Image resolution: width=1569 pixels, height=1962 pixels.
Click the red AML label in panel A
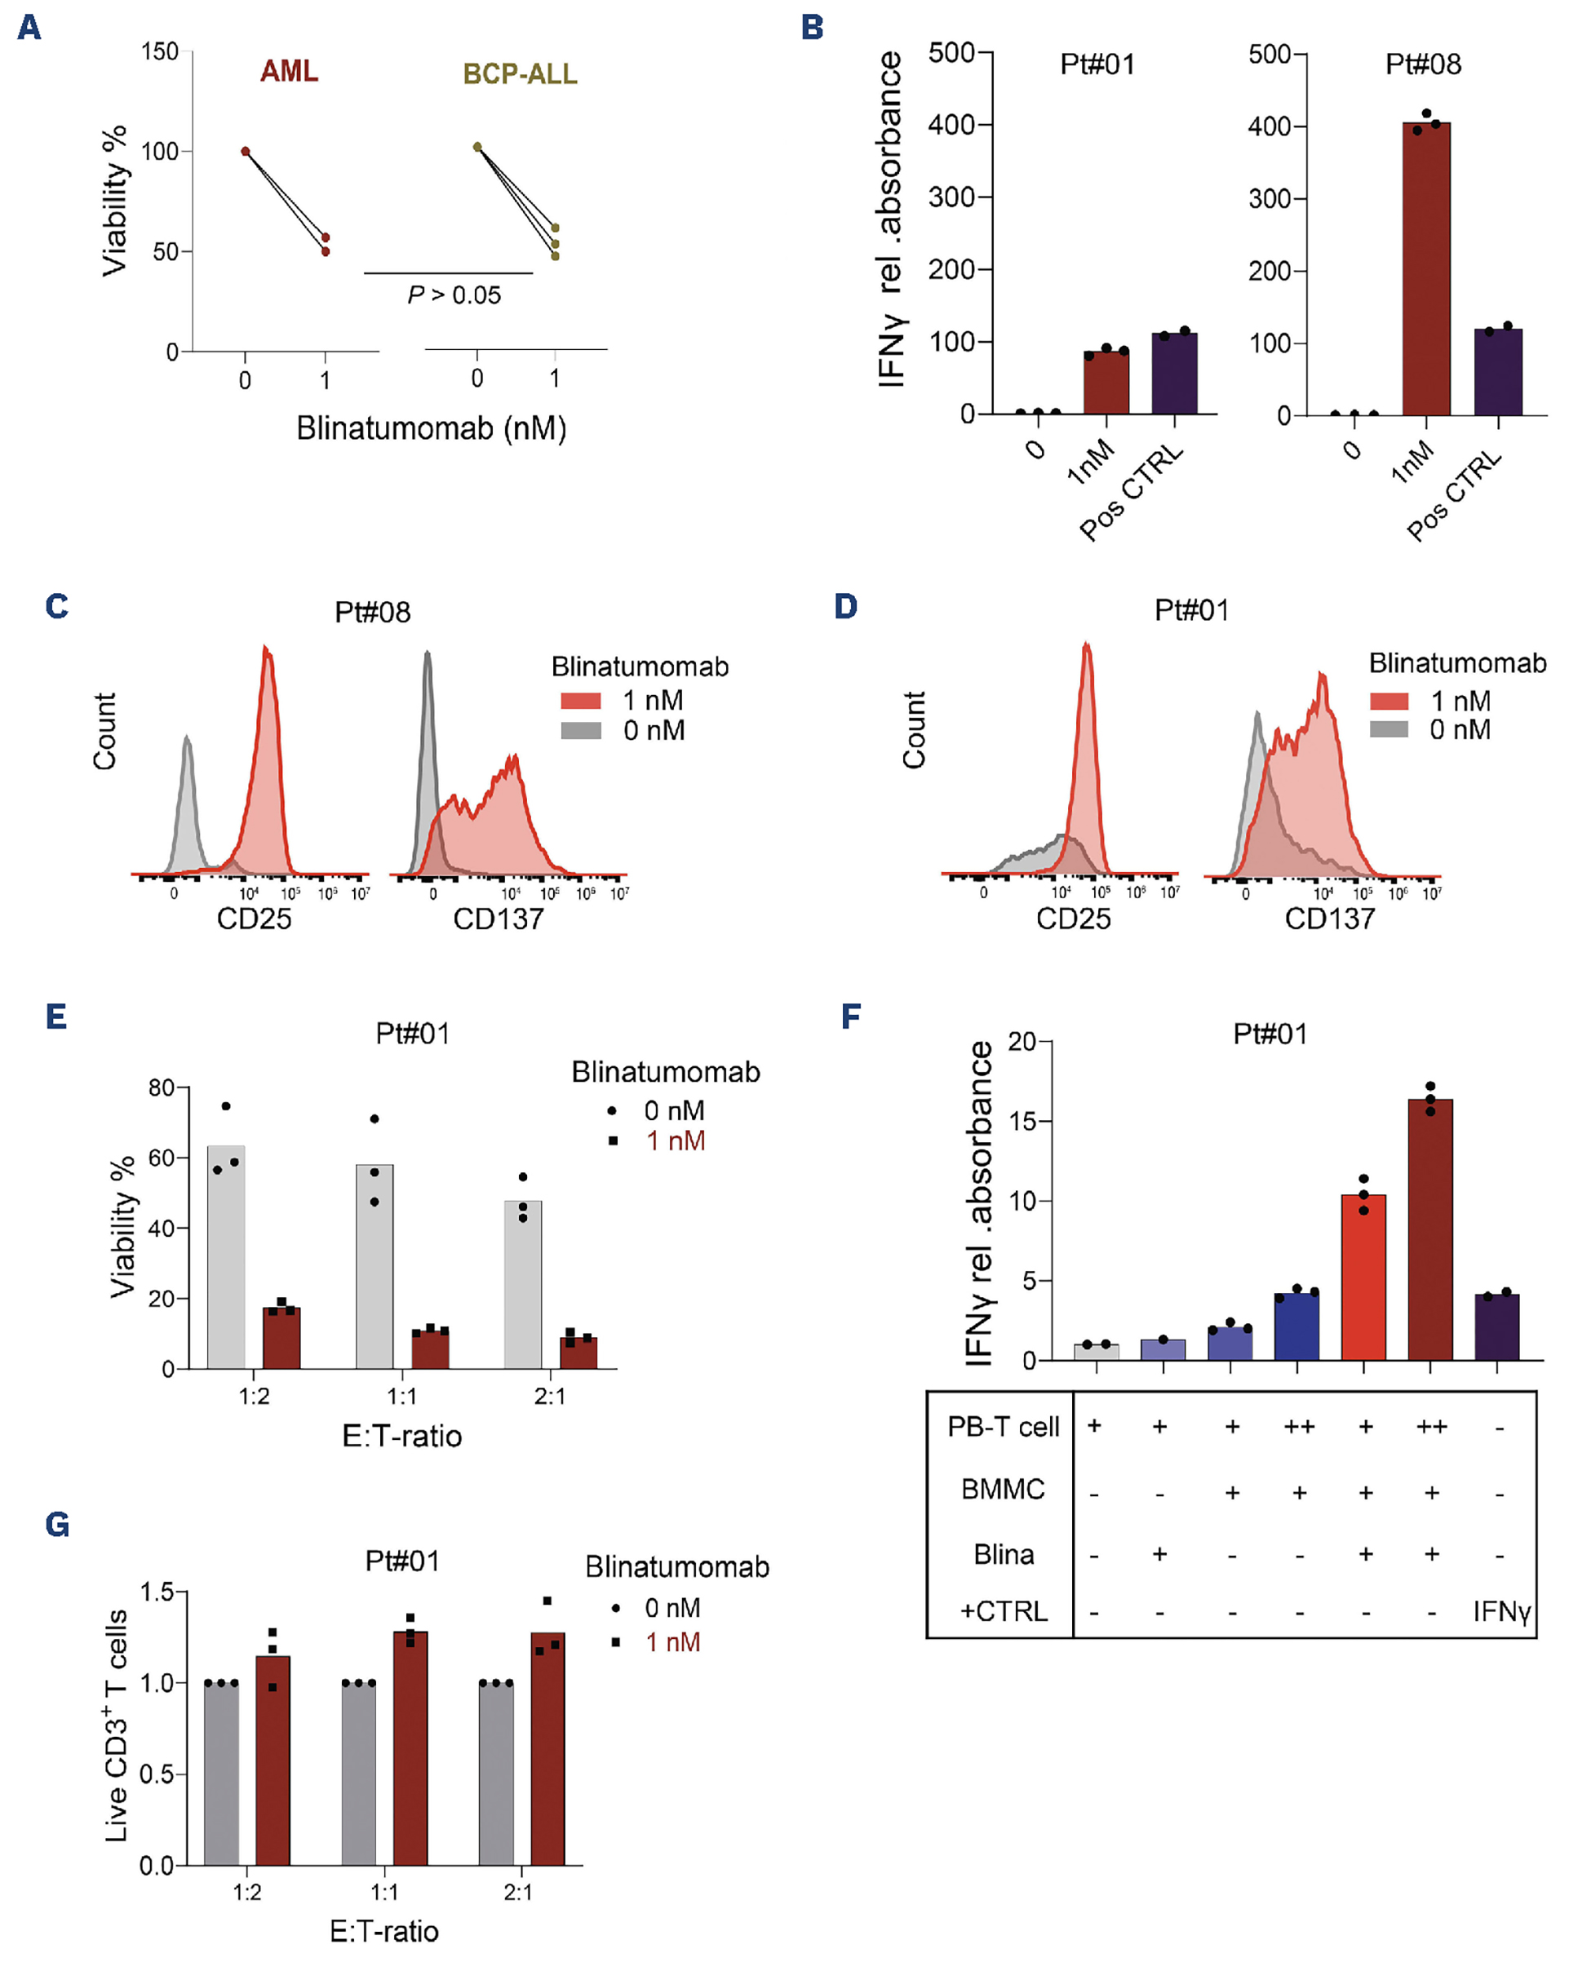(289, 71)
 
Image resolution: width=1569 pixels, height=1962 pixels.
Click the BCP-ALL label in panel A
(520, 73)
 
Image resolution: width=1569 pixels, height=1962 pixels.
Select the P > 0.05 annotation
(454, 295)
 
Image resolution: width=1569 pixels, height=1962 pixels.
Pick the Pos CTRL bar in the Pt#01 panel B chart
(1174, 373)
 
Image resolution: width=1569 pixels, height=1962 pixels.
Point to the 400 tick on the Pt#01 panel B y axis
(951, 125)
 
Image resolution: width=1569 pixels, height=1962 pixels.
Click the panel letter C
(56, 607)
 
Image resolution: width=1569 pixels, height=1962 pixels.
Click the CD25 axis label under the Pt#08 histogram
(254, 919)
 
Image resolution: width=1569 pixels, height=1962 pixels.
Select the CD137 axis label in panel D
(1329, 919)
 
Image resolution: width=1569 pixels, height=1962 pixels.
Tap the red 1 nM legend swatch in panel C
(581, 701)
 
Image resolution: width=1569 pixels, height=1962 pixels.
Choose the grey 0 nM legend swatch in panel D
(1389, 729)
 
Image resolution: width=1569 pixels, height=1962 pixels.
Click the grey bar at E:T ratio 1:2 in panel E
(226, 1256)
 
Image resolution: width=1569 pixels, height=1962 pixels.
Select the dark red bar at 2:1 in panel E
(578, 1353)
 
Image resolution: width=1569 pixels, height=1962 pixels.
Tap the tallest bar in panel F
(1429, 1229)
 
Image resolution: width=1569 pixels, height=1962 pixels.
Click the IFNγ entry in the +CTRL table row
(1500, 1612)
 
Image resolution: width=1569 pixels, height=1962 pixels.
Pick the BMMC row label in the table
(1003, 1490)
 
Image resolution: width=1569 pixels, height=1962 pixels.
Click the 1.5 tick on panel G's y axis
(157, 1592)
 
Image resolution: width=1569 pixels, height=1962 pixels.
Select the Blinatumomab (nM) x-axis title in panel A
(432, 427)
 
